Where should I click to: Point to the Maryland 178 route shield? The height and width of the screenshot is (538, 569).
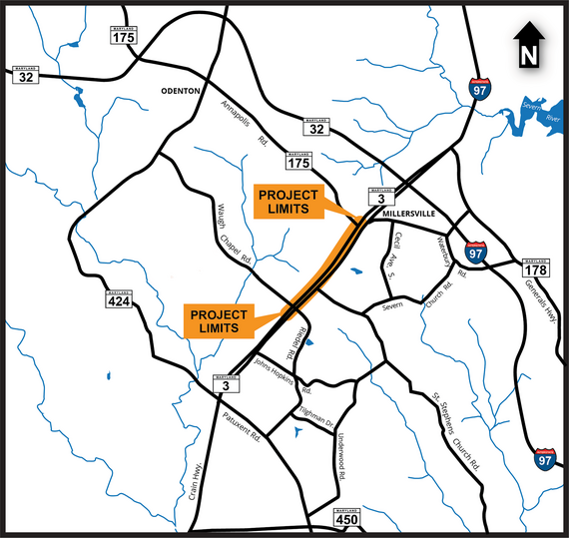tap(534, 268)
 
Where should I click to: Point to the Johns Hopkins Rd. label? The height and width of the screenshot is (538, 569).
tap(283, 374)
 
